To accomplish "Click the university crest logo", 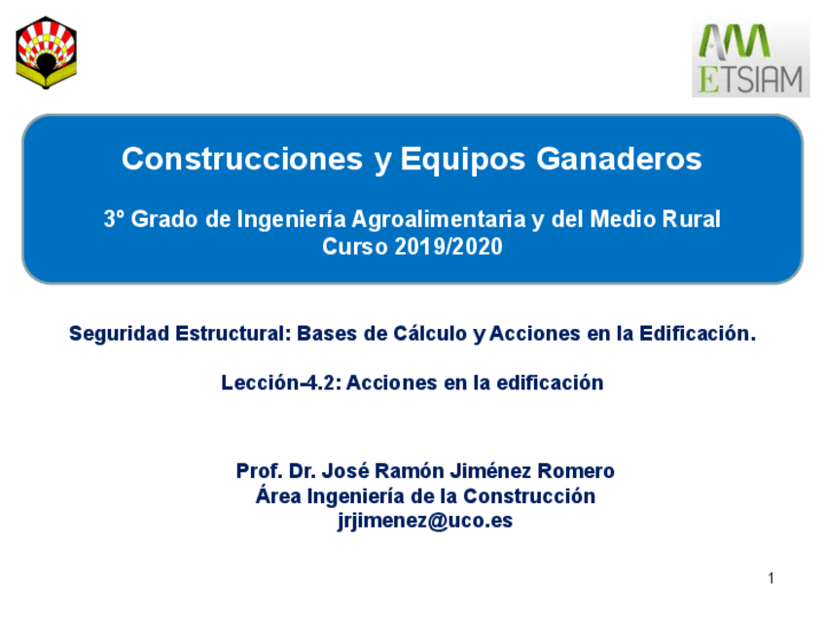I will tap(47, 53).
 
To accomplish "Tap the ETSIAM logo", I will tap(750, 59).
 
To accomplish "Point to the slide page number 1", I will tap(771, 579).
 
